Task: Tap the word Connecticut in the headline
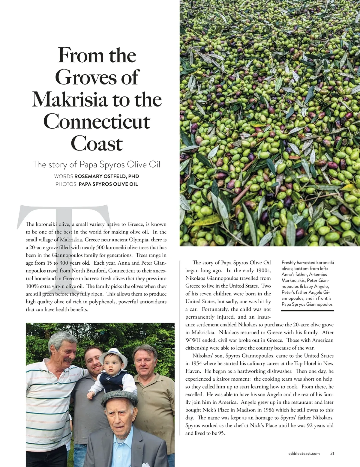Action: coord(97,121)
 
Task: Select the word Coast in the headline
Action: coord(97,144)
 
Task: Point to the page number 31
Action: coord(332,453)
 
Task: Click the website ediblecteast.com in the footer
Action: coord(302,454)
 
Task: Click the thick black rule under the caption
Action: coord(307,311)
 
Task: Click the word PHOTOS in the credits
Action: coord(66,184)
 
